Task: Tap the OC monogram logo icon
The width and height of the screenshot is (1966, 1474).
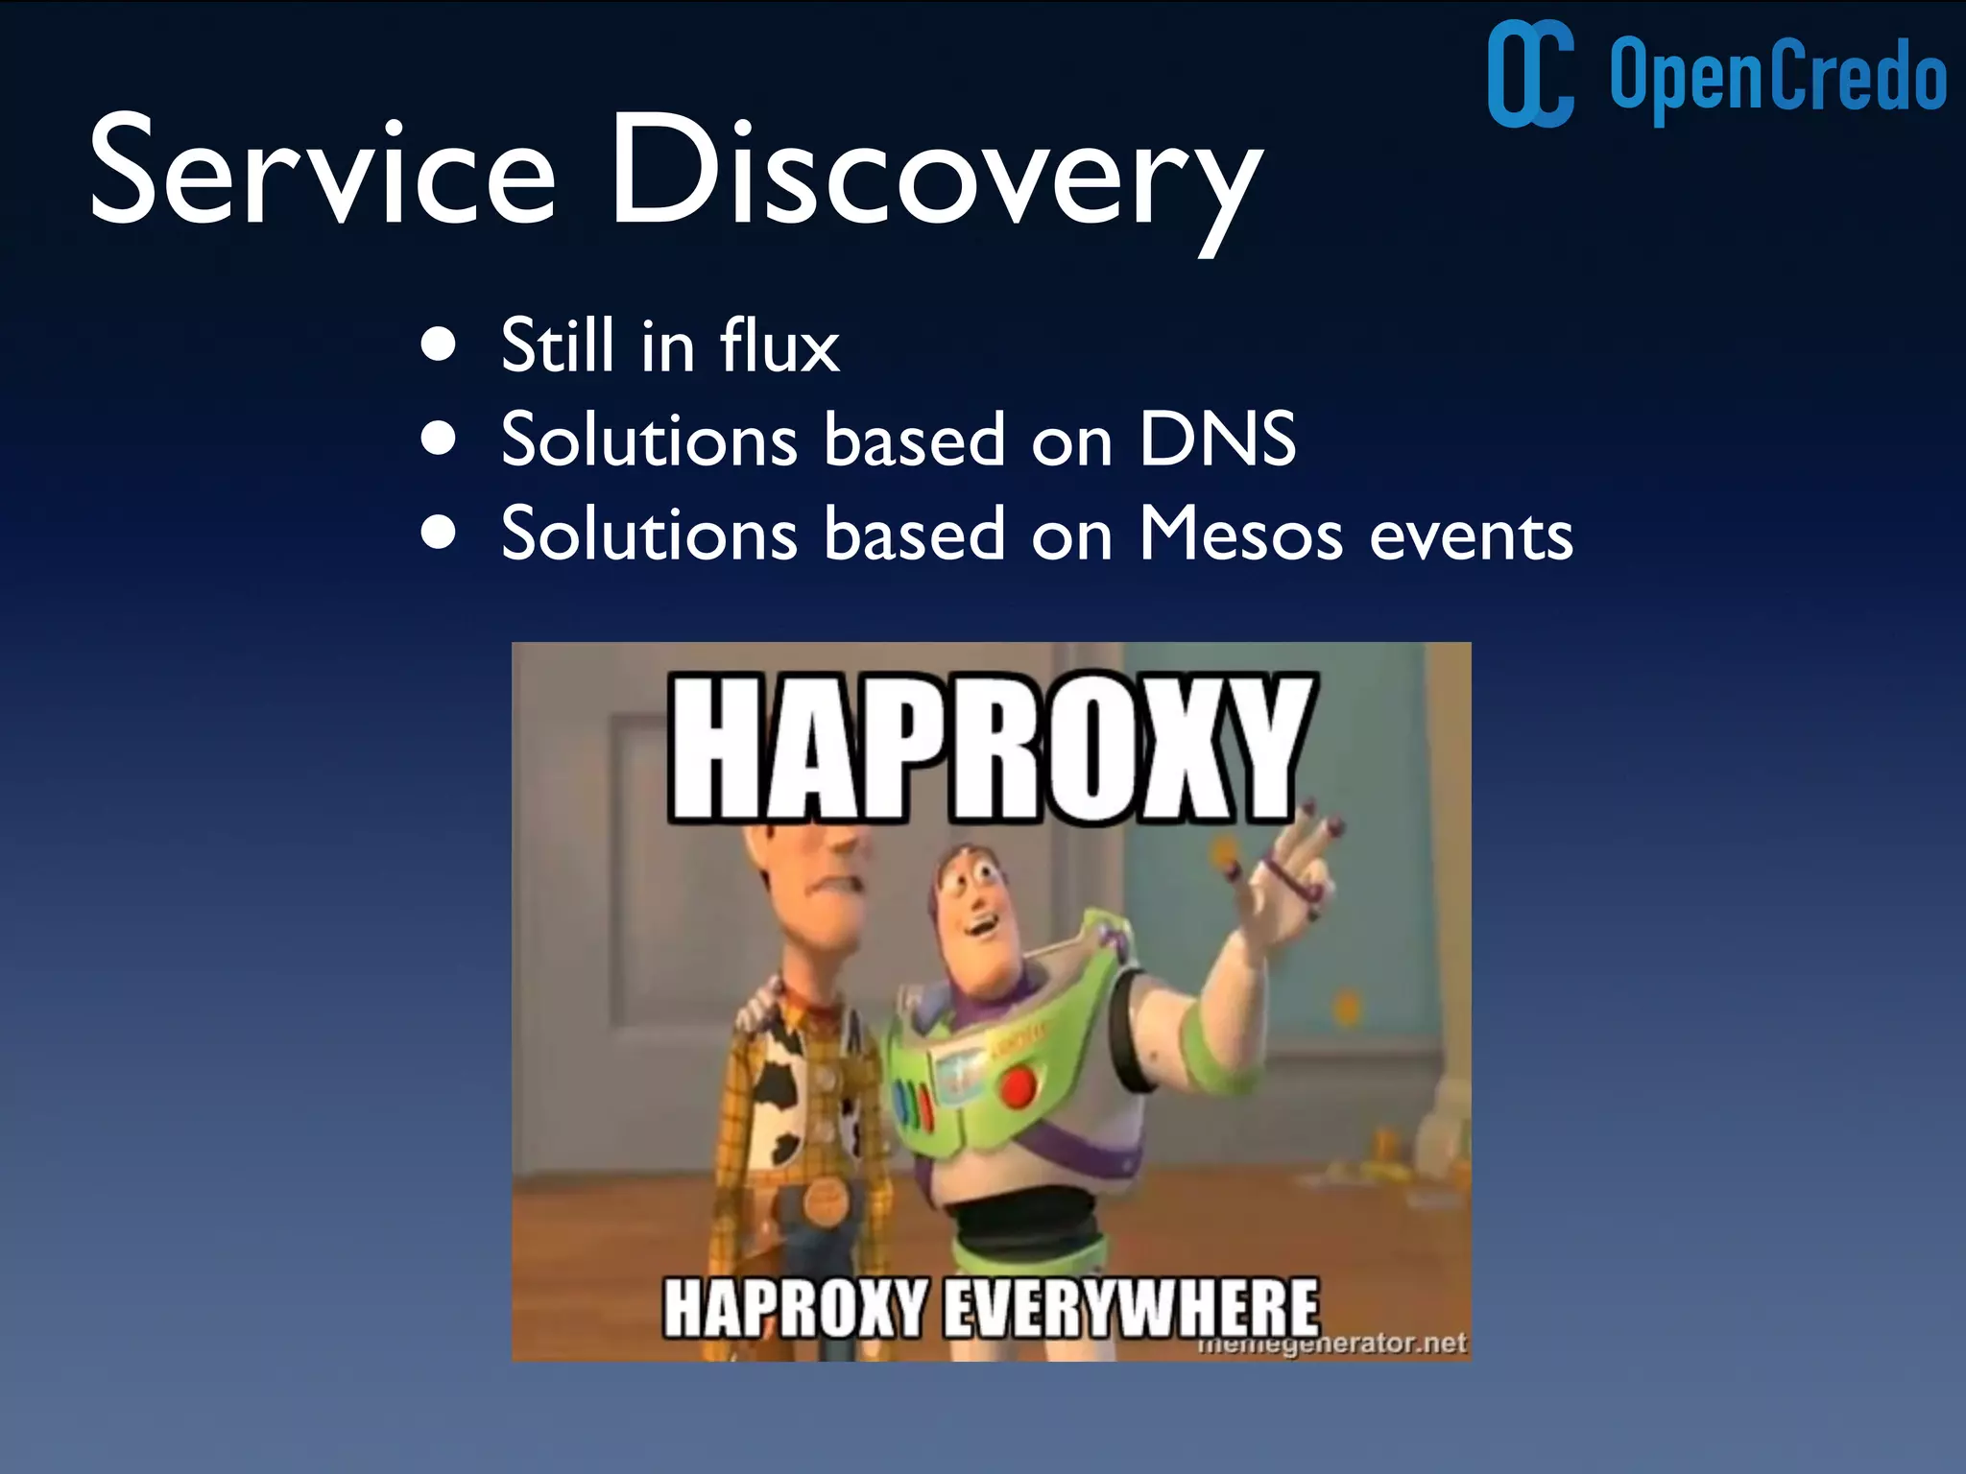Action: tap(1530, 74)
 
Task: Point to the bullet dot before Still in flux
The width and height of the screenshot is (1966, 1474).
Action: tap(439, 345)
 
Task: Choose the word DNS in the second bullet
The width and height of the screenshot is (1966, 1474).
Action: tap(1217, 440)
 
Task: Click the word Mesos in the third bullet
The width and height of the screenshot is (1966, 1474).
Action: tap(1240, 534)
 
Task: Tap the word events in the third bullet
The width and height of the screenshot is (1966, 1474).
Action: tap(1471, 535)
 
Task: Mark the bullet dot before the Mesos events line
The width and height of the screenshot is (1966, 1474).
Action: tap(439, 534)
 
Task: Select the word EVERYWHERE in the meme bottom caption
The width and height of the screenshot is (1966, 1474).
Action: tap(1131, 1307)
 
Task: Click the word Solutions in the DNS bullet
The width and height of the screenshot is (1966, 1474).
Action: tap(649, 440)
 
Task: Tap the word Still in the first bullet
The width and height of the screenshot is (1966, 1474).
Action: tap(557, 345)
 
